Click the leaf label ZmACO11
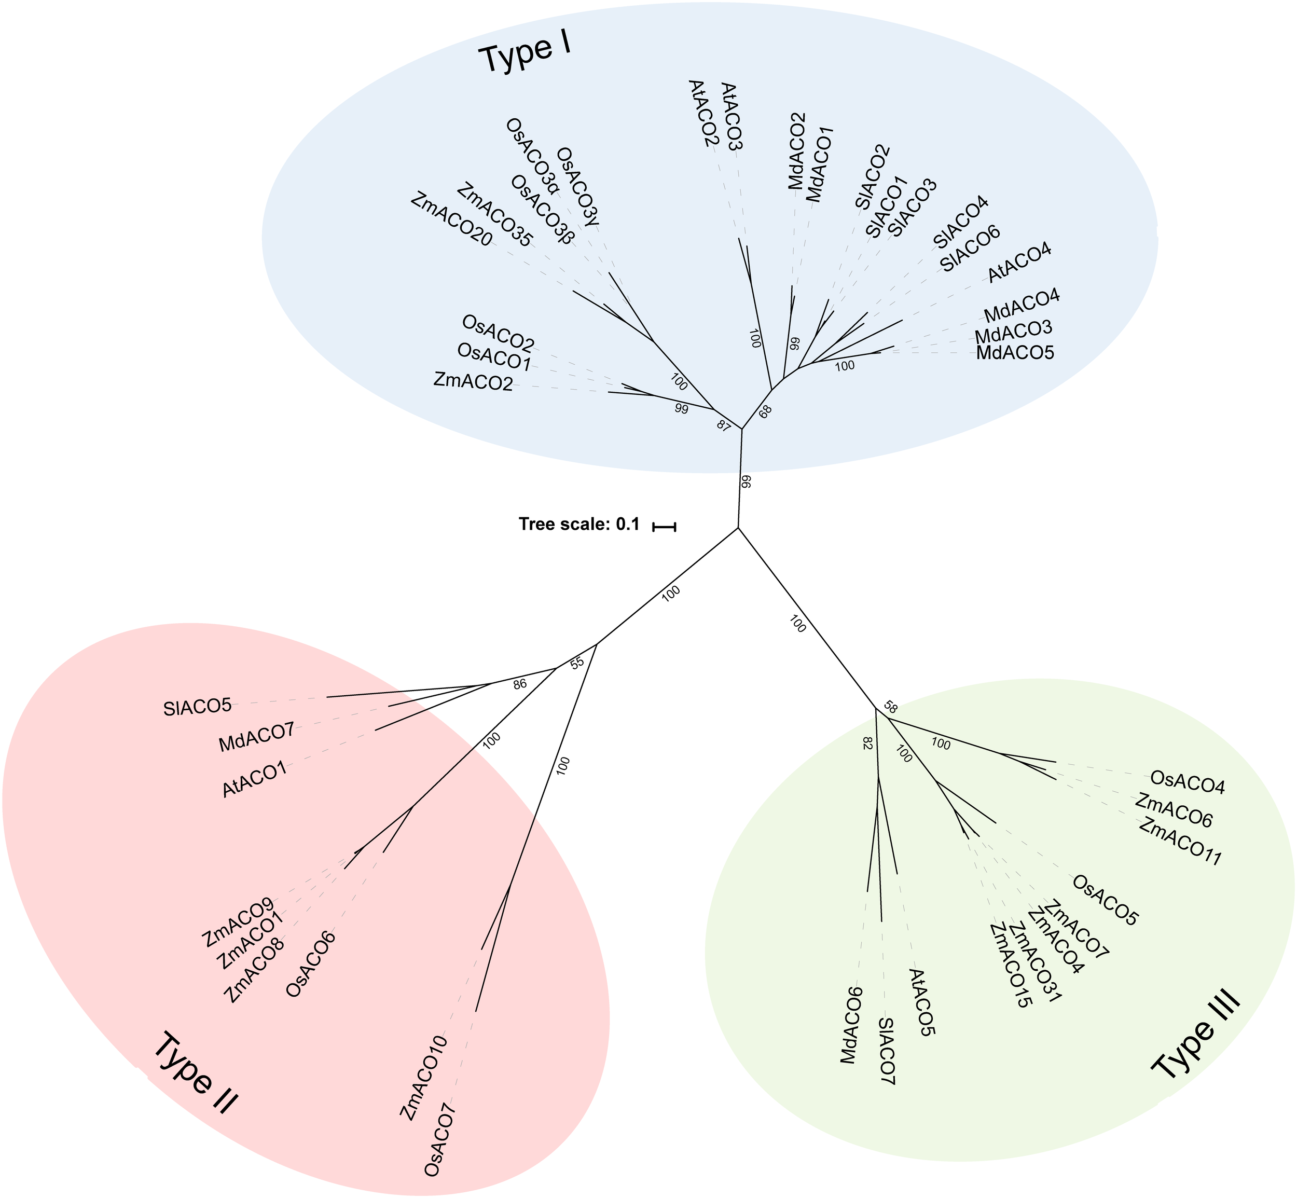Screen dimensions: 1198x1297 [1180, 842]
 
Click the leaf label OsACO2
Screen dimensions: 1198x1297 [498, 331]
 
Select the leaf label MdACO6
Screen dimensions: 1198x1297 [850, 1028]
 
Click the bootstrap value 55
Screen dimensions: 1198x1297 [577, 663]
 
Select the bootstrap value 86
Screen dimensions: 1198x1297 [519, 683]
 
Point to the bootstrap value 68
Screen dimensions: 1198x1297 [766, 411]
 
